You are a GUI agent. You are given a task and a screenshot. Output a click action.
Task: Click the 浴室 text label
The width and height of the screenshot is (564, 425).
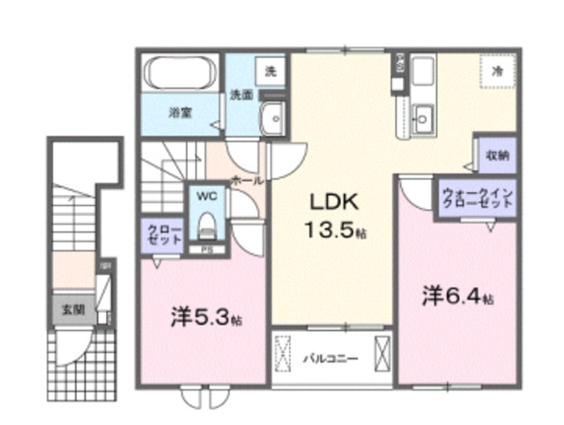(182, 113)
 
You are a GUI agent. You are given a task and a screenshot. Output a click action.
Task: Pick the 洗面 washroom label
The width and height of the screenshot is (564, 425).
(241, 94)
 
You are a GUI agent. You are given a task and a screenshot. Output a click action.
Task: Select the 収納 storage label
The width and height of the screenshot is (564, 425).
(496, 155)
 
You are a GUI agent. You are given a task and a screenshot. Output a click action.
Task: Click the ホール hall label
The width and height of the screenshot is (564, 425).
(246, 180)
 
